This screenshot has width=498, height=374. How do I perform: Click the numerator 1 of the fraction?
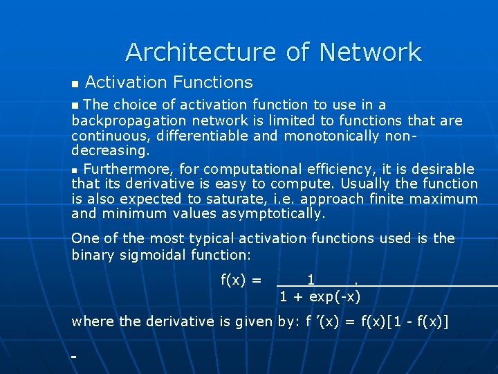[x=311, y=280]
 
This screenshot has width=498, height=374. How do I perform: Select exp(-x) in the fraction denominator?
[x=335, y=297]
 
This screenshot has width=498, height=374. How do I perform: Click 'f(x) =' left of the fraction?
[x=241, y=280]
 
